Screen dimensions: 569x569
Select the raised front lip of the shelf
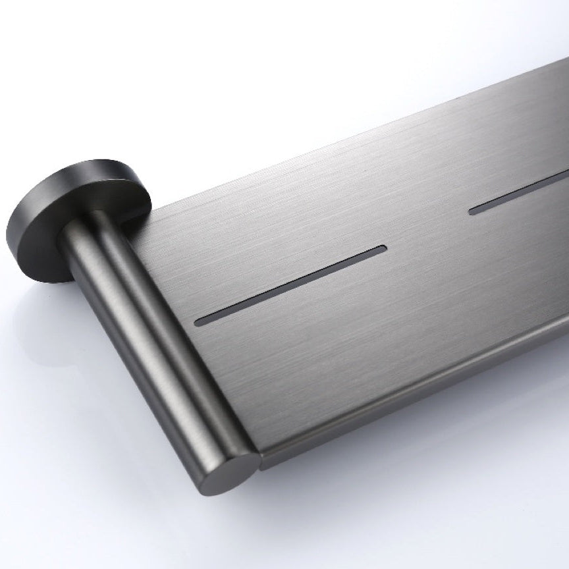point(421,395)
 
